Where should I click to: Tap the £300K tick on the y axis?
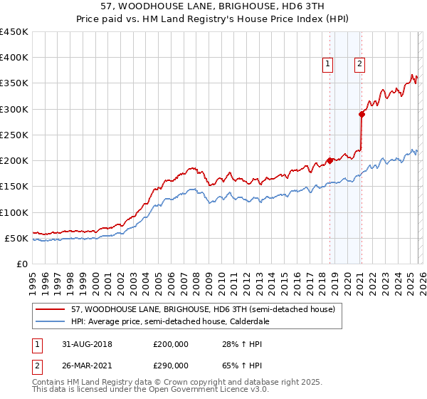click(14, 109)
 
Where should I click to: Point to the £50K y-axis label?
click(16, 238)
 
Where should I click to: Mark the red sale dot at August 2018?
click(330, 160)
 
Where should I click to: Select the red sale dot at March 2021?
click(362, 114)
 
